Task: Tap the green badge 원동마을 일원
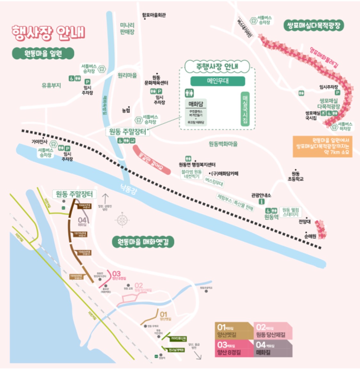[43, 53]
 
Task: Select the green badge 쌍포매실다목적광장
[314, 25]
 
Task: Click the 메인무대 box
[218, 81]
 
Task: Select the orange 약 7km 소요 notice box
[322, 146]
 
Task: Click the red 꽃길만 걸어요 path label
[151, 160]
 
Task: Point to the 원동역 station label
[271, 217]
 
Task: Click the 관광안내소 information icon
[261, 202]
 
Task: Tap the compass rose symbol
[122, 220]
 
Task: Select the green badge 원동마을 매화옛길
[143, 242]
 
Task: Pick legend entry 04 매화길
[273, 348]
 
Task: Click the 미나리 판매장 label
[127, 28]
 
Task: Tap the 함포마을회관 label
[154, 15]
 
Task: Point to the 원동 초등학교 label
[295, 176]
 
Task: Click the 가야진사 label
[39, 142]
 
